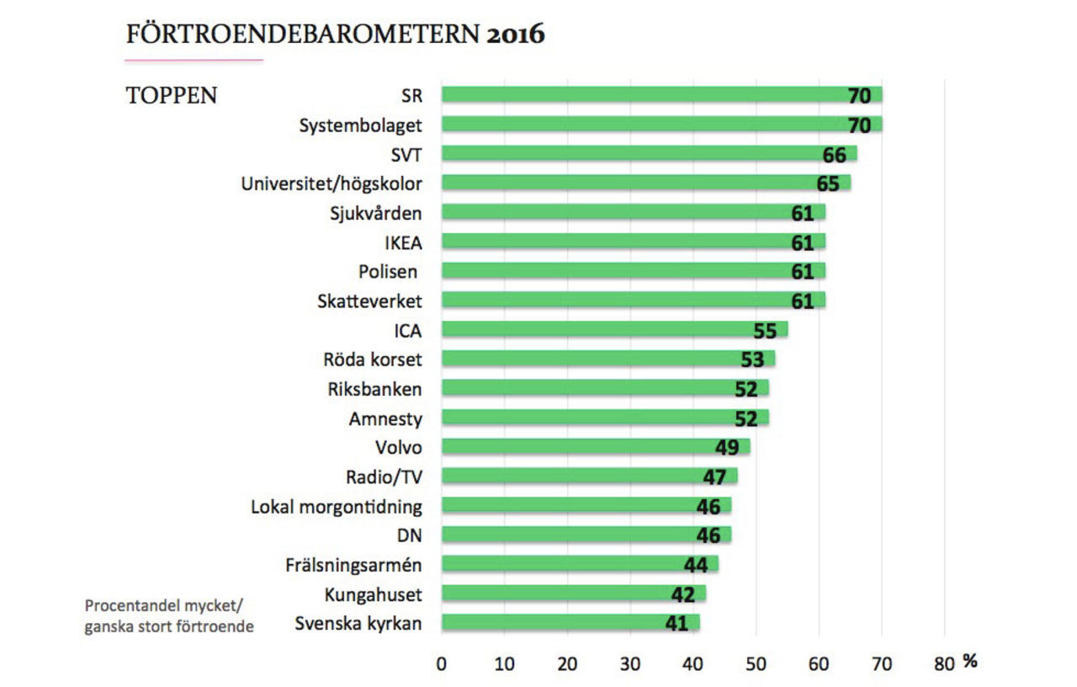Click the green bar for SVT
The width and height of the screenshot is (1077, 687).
(x=649, y=153)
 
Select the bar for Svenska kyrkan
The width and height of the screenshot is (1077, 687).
(x=570, y=623)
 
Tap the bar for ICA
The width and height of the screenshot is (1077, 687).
(x=614, y=329)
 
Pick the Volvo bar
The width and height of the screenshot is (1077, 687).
(x=596, y=446)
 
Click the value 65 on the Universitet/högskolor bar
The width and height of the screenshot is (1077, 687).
(x=833, y=184)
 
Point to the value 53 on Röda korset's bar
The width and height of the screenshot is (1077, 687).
(x=752, y=360)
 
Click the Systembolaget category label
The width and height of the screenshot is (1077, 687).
(x=361, y=125)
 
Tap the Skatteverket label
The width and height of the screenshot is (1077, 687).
(x=369, y=301)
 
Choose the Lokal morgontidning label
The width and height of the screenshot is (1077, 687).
(x=337, y=507)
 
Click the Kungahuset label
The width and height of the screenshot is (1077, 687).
(x=373, y=594)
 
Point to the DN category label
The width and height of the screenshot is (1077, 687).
(x=409, y=535)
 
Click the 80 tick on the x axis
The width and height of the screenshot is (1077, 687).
(x=944, y=663)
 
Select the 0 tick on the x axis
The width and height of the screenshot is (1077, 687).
(x=442, y=663)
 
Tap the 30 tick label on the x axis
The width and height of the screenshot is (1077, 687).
(x=630, y=663)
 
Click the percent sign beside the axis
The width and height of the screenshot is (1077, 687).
(x=970, y=662)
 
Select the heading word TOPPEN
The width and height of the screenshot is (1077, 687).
(x=172, y=96)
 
